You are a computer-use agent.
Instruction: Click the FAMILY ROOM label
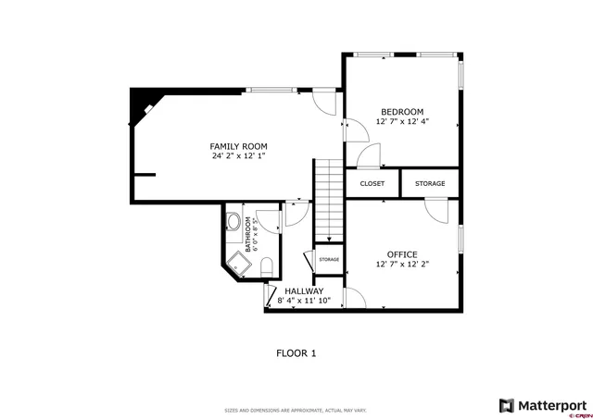[x=238, y=146]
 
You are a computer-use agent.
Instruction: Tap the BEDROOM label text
[x=402, y=110]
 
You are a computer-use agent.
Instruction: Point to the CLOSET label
[x=372, y=184]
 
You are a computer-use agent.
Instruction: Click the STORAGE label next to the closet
[x=430, y=184]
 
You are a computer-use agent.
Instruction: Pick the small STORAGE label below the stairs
[x=329, y=259]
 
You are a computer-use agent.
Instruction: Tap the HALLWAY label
[x=304, y=290]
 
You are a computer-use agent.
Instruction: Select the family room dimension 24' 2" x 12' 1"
[x=238, y=156]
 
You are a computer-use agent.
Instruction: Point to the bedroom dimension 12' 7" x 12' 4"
[x=402, y=121]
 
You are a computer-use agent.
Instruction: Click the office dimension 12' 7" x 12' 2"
[x=402, y=265]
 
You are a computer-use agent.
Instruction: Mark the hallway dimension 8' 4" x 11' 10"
[x=304, y=301]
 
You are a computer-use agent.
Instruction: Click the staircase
[x=328, y=199]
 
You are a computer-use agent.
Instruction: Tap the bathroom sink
[x=233, y=222]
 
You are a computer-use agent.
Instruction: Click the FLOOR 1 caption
[x=296, y=352]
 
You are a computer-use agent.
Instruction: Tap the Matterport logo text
[x=550, y=405]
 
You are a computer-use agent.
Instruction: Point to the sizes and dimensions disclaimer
[x=296, y=410]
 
